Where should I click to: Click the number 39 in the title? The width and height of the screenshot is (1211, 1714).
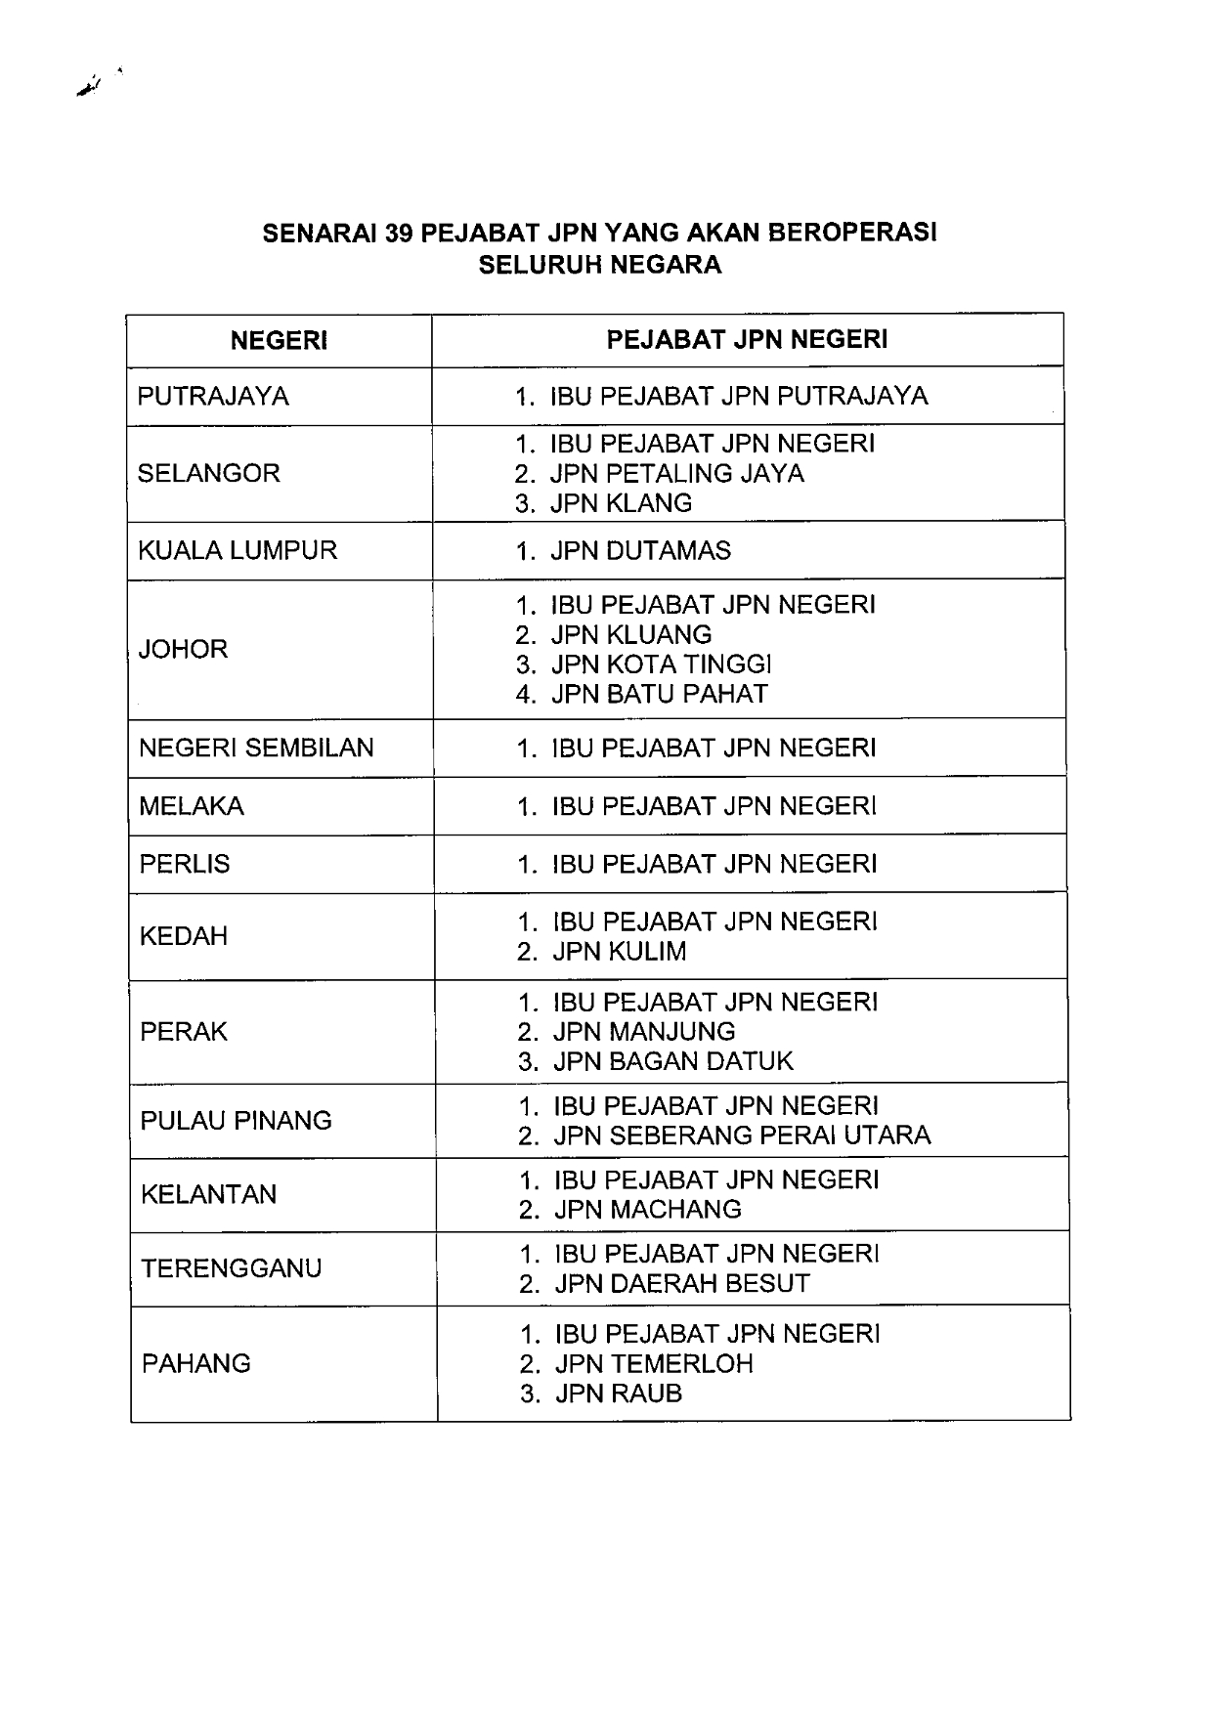(401, 234)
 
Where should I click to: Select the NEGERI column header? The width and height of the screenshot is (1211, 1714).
(279, 340)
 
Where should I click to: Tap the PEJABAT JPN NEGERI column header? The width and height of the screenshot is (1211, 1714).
(747, 339)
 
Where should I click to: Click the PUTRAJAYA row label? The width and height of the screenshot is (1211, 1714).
(213, 396)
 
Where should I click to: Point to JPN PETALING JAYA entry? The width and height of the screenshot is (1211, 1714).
(676, 473)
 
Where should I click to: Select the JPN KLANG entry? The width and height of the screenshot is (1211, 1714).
(621, 503)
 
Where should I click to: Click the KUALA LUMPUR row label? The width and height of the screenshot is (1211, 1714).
(238, 550)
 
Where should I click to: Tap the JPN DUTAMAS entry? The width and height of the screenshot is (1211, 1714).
(640, 550)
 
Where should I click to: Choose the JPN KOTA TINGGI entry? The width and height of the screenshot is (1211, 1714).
(661, 664)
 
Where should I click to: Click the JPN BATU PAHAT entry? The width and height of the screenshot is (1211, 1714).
(660, 694)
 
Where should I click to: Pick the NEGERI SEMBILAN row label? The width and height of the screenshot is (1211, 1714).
(256, 748)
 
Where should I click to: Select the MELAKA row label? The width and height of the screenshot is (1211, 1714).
(192, 806)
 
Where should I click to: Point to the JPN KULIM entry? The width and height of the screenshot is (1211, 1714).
(620, 952)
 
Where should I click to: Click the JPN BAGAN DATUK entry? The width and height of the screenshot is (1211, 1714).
(673, 1061)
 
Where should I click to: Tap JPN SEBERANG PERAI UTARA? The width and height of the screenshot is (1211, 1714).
(742, 1136)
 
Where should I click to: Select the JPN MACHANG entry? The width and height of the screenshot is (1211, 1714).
(648, 1210)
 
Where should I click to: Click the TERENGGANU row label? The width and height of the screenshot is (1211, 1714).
(232, 1268)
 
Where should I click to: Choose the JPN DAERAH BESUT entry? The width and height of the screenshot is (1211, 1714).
(682, 1283)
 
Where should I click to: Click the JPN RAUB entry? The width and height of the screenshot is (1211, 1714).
(619, 1393)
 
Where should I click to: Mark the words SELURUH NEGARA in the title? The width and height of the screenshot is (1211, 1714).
(600, 265)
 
